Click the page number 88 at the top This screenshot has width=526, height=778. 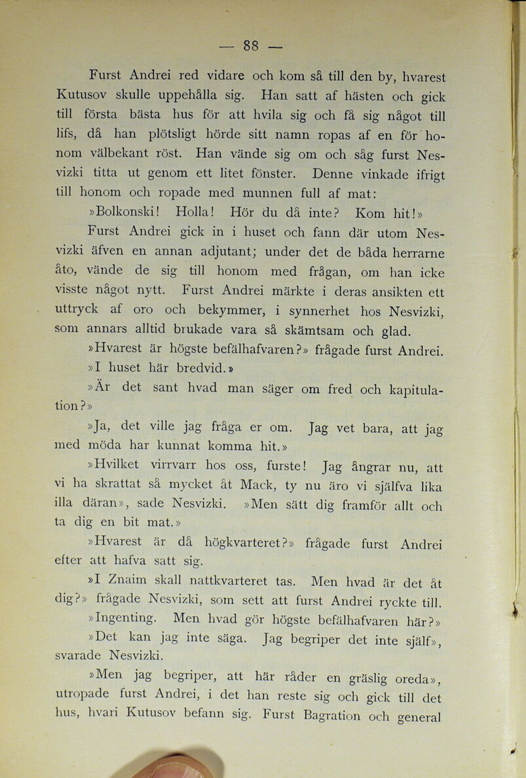(x=252, y=45)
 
